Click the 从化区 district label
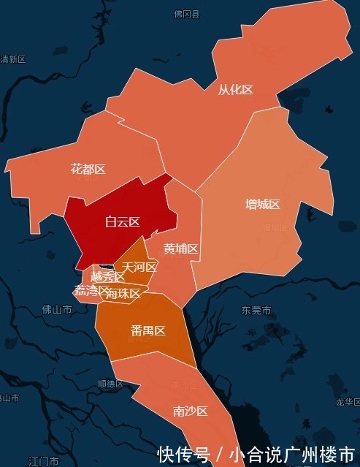235,90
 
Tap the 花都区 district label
88,170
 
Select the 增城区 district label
262,204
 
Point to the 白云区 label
122,221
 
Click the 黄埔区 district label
181,249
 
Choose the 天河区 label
139,267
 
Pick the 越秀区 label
107,277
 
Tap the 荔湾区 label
91,290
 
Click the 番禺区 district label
148,330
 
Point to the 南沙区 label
191,411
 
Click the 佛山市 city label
57,310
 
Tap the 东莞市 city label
256,311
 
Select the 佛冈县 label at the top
186,14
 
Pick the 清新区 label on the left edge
13,59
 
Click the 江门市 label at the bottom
43,461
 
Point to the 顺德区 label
111,384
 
